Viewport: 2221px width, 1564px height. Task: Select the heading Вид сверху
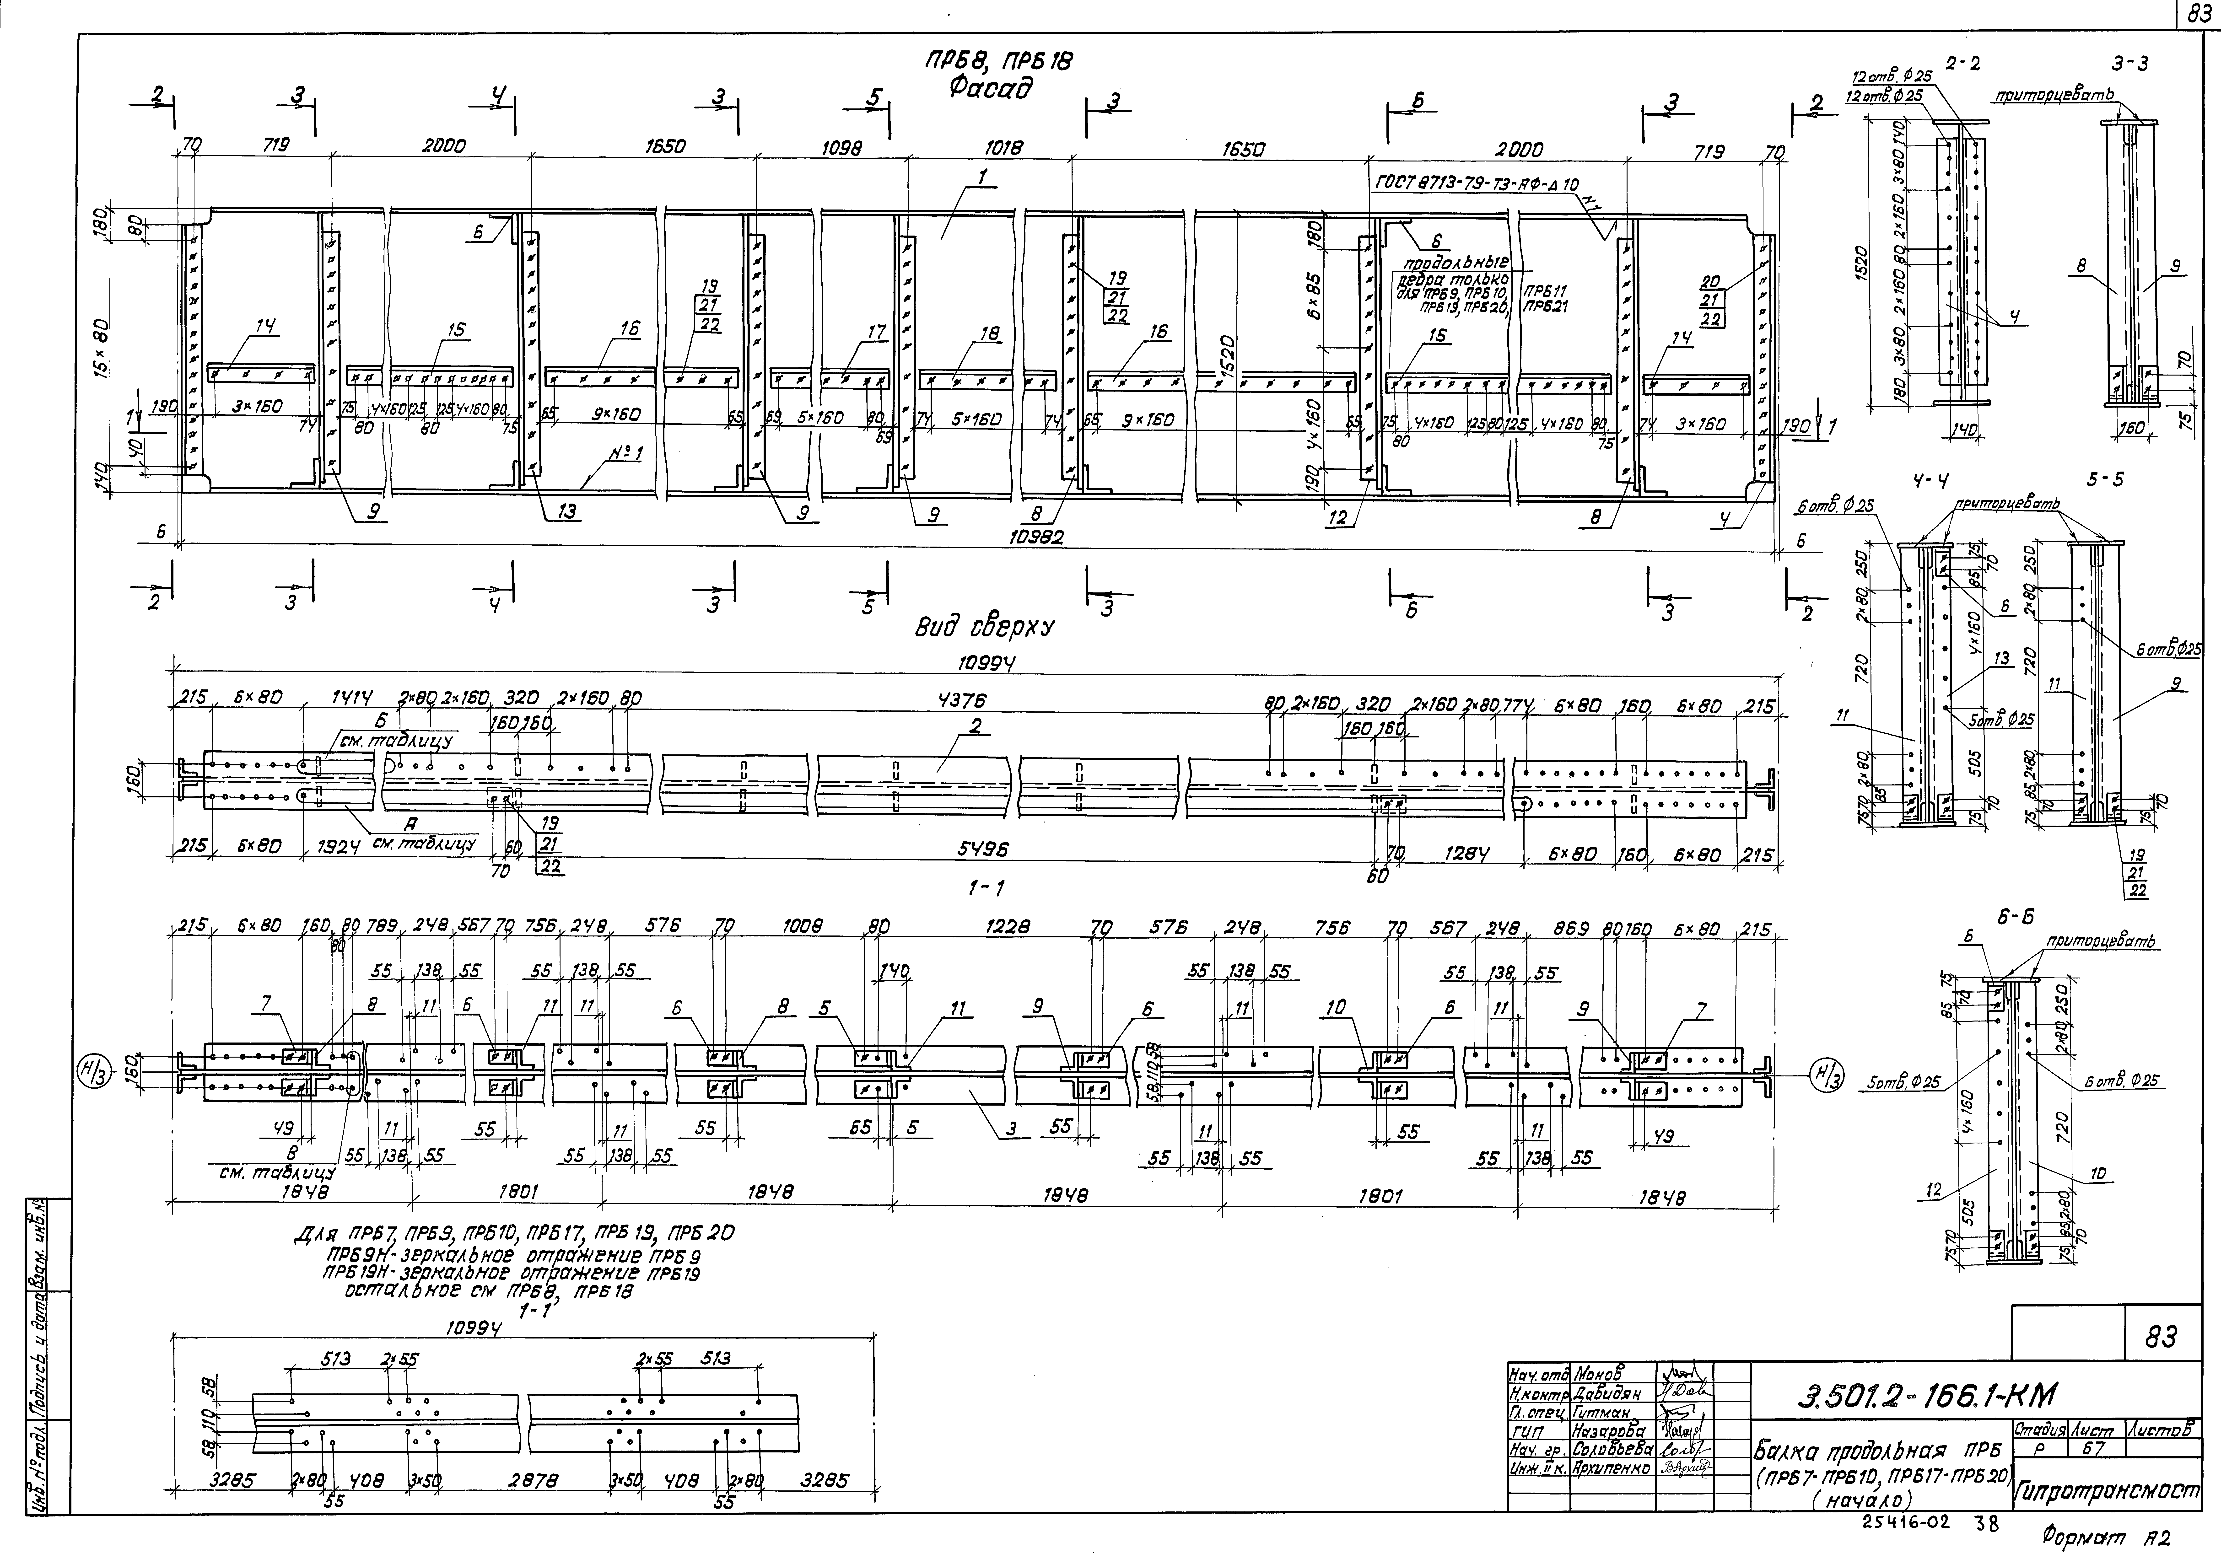985,628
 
